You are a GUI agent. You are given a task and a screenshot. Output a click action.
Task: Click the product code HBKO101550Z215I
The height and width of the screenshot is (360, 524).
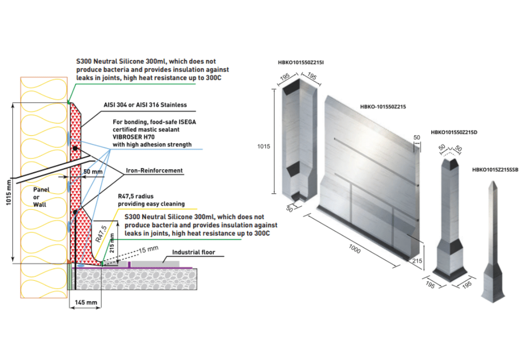click(x=301, y=63)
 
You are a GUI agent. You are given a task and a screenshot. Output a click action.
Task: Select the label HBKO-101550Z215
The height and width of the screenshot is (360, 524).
click(x=383, y=107)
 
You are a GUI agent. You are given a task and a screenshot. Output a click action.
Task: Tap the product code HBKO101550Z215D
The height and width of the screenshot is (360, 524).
click(x=454, y=132)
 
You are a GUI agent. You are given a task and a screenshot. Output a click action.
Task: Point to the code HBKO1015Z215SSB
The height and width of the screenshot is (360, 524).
click(x=495, y=169)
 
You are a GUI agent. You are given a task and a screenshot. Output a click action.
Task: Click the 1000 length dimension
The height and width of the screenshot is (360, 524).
click(x=354, y=248)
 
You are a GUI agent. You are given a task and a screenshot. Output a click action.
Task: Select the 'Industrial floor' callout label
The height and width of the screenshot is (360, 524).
click(x=194, y=252)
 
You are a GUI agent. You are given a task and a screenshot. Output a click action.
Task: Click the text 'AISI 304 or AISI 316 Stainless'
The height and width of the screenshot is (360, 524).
click(x=144, y=105)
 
